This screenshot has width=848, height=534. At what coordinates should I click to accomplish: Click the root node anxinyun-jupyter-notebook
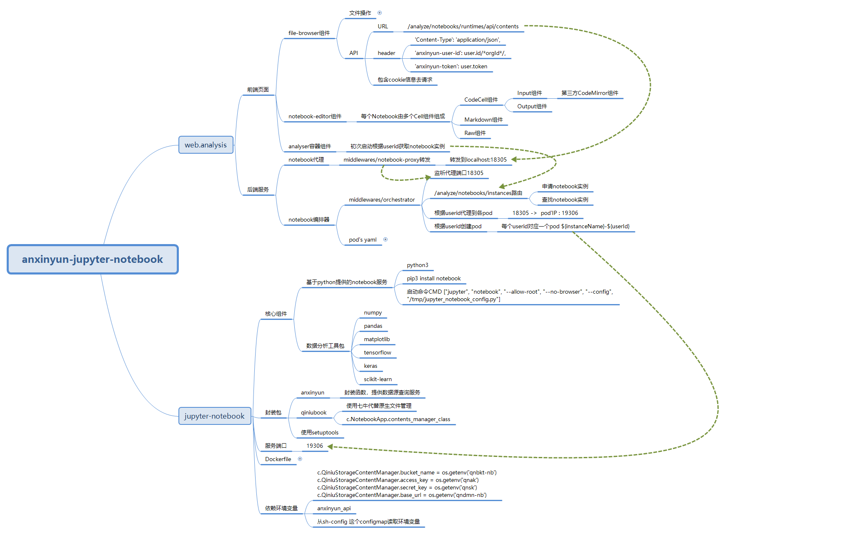point(93,259)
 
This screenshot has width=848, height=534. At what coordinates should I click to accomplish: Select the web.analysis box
point(206,145)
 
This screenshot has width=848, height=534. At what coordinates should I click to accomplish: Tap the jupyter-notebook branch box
point(214,416)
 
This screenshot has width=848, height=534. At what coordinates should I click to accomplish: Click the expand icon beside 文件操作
point(379,13)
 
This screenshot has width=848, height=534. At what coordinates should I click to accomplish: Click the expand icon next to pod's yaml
point(385,240)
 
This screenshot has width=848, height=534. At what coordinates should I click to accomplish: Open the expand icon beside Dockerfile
point(300,459)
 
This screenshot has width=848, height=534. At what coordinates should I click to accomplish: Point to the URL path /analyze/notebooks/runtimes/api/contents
point(463,26)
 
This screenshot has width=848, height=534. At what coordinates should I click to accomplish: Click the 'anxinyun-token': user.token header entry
point(451,66)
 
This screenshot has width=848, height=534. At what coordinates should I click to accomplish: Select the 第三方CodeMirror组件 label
point(590,93)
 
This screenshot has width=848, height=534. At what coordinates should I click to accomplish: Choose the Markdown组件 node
point(483,120)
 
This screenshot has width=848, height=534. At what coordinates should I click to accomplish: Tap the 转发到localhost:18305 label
point(478,160)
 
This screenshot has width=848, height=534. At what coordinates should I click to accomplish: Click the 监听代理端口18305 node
point(459,173)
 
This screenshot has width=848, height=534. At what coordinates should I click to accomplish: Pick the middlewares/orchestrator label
point(381,200)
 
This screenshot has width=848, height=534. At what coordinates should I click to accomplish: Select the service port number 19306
point(314,446)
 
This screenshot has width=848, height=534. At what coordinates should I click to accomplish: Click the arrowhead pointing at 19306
point(330,447)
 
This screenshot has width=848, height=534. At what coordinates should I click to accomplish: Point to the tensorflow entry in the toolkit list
point(377,352)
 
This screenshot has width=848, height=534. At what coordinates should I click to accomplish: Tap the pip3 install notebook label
point(434,278)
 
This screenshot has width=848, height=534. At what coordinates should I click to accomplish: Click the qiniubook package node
point(314,412)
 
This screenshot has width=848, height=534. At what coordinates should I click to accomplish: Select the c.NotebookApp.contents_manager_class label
point(398,419)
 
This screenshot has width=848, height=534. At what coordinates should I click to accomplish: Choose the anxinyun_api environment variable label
point(334,508)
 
